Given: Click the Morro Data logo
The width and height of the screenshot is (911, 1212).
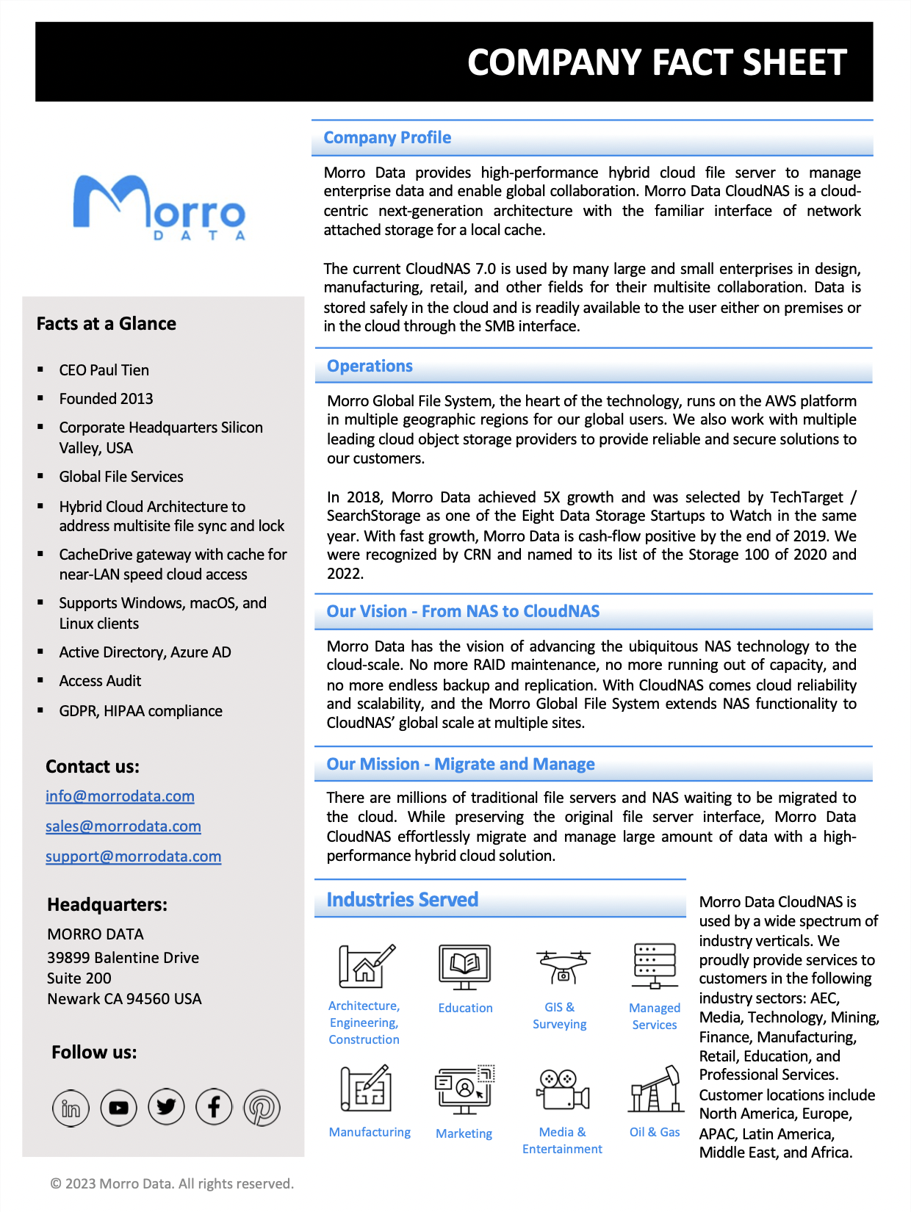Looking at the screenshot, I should click(x=159, y=206).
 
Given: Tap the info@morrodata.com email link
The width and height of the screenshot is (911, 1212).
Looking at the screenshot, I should click(x=120, y=796).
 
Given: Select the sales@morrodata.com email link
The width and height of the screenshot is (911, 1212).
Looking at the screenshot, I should click(x=123, y=826).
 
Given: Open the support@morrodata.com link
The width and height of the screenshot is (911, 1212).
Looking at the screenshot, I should click(x=133, y=856).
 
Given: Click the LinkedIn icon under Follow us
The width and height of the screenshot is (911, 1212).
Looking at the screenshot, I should click(x=71, y=1108).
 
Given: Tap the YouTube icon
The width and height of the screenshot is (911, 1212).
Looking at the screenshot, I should click(x=119, y=1108).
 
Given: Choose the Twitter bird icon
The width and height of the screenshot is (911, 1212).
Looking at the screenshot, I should click(x=166, y=1107).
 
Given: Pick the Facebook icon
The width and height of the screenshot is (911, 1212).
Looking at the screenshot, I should click(x=214, y=1107).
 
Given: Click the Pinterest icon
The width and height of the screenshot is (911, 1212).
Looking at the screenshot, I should click(x=262, y=1108).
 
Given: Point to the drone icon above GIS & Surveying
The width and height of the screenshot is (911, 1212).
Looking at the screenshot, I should click(x=563, y=966).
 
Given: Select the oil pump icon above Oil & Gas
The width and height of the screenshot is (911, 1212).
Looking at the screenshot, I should click(x=655, y=1090).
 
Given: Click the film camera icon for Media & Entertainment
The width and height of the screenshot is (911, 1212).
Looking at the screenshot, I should click(x=563, y=1089).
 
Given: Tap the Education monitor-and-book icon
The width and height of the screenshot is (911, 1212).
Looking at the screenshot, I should click(x=465, y=967).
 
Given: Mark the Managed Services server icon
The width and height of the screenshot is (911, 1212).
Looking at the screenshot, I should click(x=655, y=966).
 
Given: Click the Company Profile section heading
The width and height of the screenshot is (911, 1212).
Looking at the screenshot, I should click(x=387, y=138).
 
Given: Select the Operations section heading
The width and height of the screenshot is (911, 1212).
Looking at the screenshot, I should click(x=370, y=367).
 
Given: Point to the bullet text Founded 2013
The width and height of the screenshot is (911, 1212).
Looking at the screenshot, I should click(x=106, y=399).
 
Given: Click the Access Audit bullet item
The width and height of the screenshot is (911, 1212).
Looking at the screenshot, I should click(x=100, y=681).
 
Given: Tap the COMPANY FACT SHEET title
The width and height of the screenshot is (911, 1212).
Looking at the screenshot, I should click(x=657, y=62).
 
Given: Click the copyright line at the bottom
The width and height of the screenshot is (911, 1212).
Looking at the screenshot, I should click(x=172, y=1183).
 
